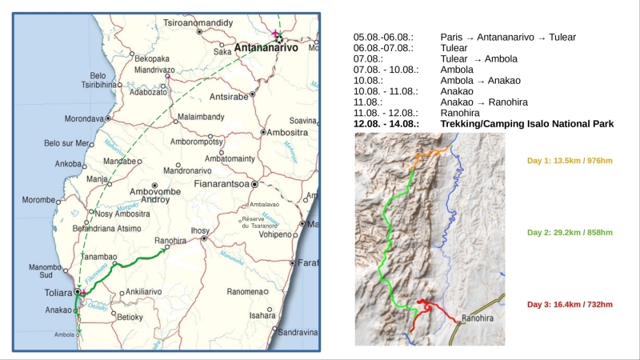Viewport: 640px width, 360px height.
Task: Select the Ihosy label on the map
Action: (x=200, y=230)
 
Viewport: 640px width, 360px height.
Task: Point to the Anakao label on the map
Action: (x=58, y=310)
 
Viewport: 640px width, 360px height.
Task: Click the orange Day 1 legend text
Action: (x=570, y=160)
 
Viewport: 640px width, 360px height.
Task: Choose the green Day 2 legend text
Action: (x=570, y=232)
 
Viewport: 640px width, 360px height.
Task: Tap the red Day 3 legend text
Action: (x=570, y=304)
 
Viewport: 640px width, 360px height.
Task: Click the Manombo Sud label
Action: (x=46, y=271)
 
